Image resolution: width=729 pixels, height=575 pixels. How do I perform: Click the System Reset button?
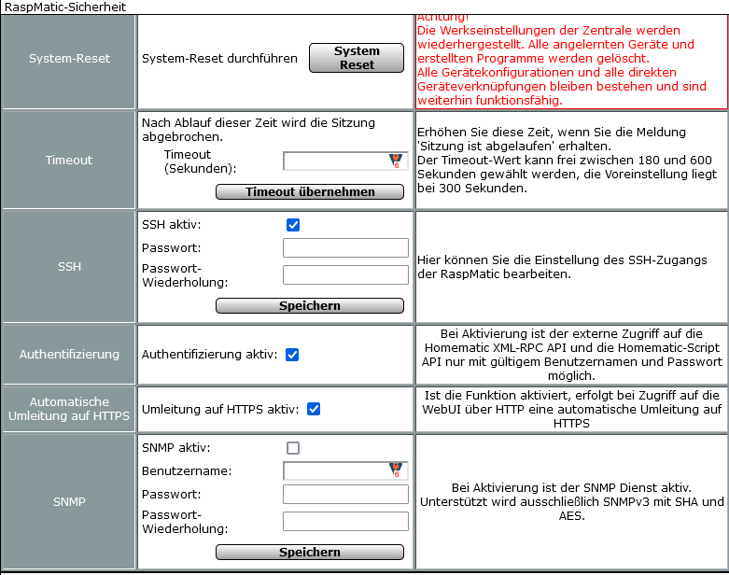(x=357, y=58)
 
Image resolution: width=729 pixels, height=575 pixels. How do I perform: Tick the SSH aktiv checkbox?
(x=293, y=225)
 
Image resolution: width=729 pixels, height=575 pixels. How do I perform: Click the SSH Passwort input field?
(x=345, y=247)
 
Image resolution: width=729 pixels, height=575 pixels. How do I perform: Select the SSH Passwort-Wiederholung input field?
(x=345, y=274)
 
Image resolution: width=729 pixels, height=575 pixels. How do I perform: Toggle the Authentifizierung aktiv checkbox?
(x=292, y=355)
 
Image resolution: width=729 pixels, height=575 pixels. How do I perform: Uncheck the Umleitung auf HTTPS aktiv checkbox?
(x=314, y=409)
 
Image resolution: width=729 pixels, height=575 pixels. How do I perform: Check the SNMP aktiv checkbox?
(x=293, y=448)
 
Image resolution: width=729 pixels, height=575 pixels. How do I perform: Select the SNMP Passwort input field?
(x=345, y=494)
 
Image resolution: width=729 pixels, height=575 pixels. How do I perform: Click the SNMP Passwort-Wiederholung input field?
(x=345, y=521)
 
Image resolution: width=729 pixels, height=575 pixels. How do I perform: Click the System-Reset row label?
(x=69, y=58)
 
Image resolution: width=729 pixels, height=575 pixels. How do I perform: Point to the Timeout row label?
(x=69, y=160)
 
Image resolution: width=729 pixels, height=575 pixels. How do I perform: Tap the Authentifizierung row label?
(x=69, y=354)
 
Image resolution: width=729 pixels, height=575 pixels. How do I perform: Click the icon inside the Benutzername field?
(x=396, y=470)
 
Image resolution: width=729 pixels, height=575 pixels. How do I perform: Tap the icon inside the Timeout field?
(x=396, y=161)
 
